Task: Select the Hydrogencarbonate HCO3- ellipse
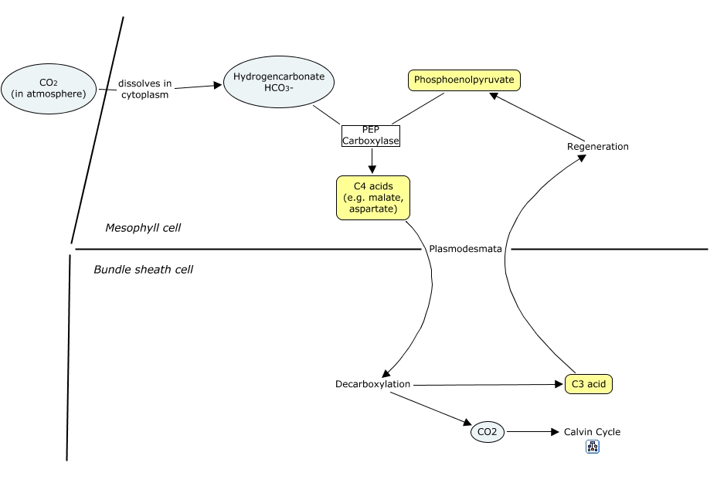point(278,83)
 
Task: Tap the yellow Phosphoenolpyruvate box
point(464,80)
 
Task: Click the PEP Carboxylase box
point(371,136)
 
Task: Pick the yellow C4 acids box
point(372,198)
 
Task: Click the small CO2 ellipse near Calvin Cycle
point(487,433)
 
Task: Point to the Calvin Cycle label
point(592,432)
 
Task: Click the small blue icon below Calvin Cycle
point(593,447)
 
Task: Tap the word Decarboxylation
point(372,384)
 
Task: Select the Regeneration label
point(597,146)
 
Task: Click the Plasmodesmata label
point(465,249)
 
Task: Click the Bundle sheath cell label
point(143,270)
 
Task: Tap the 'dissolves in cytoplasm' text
point(144,89)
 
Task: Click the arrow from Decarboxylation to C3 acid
point(487,384)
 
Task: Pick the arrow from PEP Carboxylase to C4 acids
point(372,161)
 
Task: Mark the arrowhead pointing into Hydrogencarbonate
point(216,85)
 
